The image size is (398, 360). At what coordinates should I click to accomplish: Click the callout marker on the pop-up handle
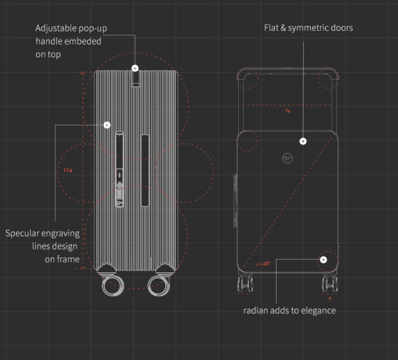coord(135,68)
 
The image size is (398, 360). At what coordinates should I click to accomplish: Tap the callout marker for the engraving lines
coord(107,124)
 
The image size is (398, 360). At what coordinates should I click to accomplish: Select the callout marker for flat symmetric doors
coord(303,141)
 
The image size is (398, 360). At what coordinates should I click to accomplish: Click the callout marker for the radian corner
coord(324,260)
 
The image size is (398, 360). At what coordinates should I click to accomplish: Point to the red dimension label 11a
coord(67,170)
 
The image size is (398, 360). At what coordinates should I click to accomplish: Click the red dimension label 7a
coord(287,111)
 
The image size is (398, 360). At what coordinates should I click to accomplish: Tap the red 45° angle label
coord(264,264)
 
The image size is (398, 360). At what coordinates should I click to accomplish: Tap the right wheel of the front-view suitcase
coord(329,283)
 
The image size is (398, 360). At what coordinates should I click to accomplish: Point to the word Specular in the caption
coord(25,233)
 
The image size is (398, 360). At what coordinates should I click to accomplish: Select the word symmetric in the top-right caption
coord(310,28)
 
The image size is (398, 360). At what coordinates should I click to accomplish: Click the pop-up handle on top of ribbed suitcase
coord(135,79)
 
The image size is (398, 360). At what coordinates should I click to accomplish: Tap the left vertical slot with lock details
coord(120,170)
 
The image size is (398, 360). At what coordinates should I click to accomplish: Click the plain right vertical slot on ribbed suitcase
coord(145,170)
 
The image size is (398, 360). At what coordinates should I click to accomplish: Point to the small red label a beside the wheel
coord(329,298)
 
